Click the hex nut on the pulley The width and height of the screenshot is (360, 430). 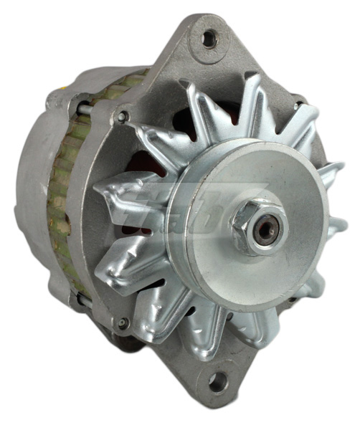click(x=257, y=228)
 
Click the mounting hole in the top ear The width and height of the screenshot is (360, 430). click(x=209, y=39)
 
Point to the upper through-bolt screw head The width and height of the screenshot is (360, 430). click(x=123, y=115)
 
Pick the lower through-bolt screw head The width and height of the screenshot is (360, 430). click(x=123, y=324)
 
